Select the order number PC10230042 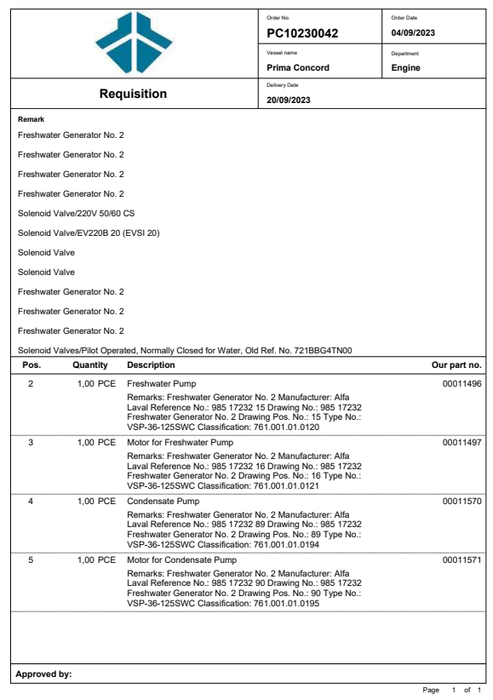coord(302,33)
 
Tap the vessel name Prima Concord coord(297,67)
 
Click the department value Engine coord(405,67)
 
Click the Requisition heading coord(133,94)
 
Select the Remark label coord(31,120)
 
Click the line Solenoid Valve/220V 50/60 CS coord(77,213)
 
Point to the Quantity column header coord(90,365)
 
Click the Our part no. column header coord(457,365)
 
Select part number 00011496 coord(462,384)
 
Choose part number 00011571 coord(462,559)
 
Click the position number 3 coord(32,443)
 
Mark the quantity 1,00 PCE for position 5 coord(96,559)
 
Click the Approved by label coord(43,674)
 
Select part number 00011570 coord(462,501)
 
